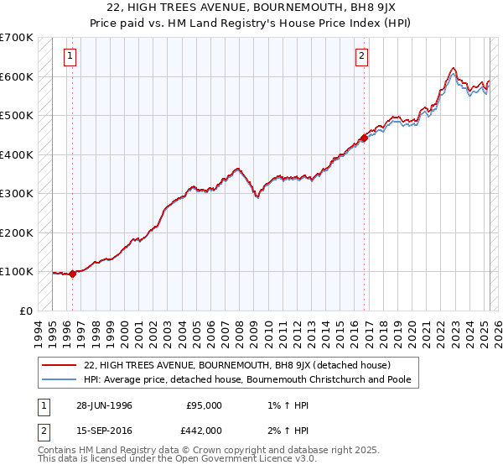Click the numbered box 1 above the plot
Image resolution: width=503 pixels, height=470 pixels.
pos(69,57)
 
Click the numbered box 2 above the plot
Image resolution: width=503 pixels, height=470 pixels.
pos(361,57)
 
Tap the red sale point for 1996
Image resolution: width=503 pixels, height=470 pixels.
pos(73,273)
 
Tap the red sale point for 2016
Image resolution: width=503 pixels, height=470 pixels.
pos(364,138)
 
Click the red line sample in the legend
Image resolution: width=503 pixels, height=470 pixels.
pos(59,365)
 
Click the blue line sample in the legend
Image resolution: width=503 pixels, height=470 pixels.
pos(59,380)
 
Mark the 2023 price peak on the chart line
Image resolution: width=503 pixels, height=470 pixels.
pos(453,68)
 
